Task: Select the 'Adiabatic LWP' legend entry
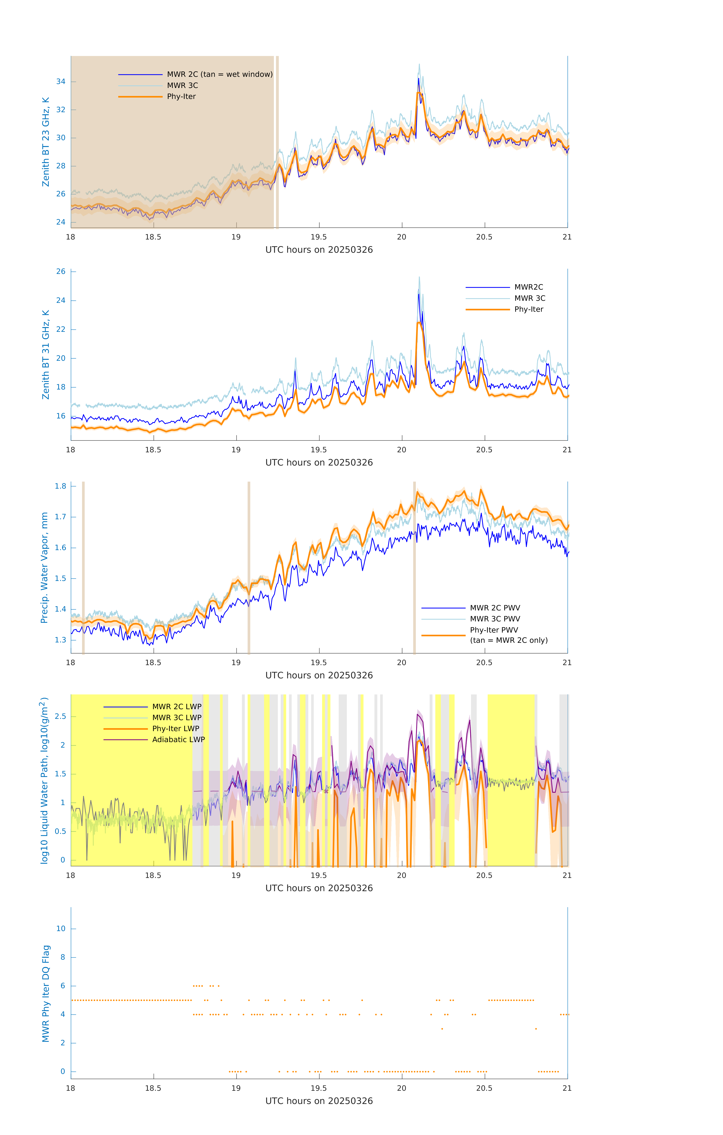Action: tap(178, 739)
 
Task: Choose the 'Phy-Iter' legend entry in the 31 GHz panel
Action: tap(528, 309)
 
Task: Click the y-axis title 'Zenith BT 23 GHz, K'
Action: tap(46, 142)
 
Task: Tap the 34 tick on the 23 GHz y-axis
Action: tap(61, 82)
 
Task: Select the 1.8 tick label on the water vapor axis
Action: tap(61, 486)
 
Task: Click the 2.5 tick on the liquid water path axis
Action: tap(61, 716)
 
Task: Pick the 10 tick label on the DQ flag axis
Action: tap(61, 929)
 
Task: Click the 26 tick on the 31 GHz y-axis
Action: tap(61, 271)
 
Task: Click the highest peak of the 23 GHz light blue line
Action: tap(419, 64)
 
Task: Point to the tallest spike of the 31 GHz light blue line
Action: tap(419, 277)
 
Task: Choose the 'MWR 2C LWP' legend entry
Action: tap(177, 707)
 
